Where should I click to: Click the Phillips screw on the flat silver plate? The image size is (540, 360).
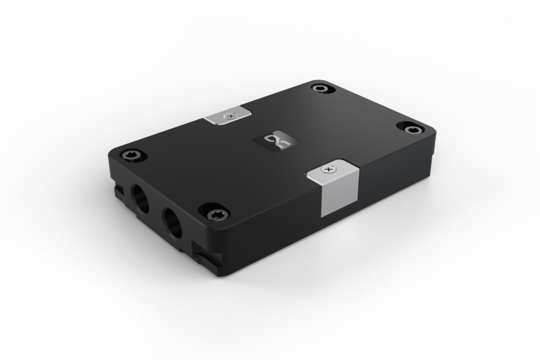pyautogui.click(x=232, y=116)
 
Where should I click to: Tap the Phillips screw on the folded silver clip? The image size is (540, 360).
pyautogui.click(x=328, y=170)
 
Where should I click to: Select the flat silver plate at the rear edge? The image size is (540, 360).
pyautogui.click(x=227, y=117)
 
